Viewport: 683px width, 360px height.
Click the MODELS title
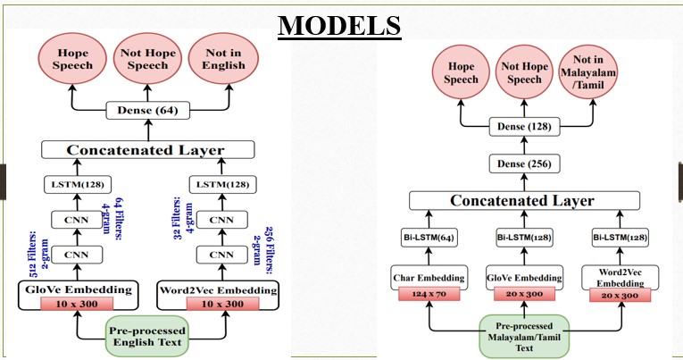[x=339, y=26]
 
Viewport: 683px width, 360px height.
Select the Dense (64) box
[x=147, y=111]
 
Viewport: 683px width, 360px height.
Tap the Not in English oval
[x=223, y=59]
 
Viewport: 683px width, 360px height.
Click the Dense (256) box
[x=524, y=164]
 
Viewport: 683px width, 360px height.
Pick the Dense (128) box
[x=524, y=127]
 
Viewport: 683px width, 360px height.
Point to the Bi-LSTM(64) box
[x=429, y=238]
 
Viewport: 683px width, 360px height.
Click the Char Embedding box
[x=429, y=278]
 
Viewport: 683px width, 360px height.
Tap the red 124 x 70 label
[x=429, y=294]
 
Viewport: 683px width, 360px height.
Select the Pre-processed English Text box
[x=147, y=337]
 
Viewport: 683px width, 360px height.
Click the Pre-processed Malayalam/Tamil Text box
[x=524, y=337]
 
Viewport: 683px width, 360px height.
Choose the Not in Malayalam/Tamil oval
[x=588, y=72]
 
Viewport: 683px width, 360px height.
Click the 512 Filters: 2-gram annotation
[x=38, y=256]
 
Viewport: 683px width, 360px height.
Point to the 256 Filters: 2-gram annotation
[x=263, y=251]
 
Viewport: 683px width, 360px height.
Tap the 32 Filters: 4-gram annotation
[x=183, y=218]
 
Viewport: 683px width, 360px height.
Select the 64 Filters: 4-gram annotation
[x=112, y=219]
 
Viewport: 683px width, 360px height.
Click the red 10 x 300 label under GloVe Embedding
[x=77, y=304]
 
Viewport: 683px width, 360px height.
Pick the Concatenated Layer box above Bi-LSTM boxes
[x=524, y=200]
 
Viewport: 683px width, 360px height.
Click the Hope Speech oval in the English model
[x=72, y=59]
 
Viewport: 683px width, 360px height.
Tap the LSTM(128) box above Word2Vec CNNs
[x=222, y=184]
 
